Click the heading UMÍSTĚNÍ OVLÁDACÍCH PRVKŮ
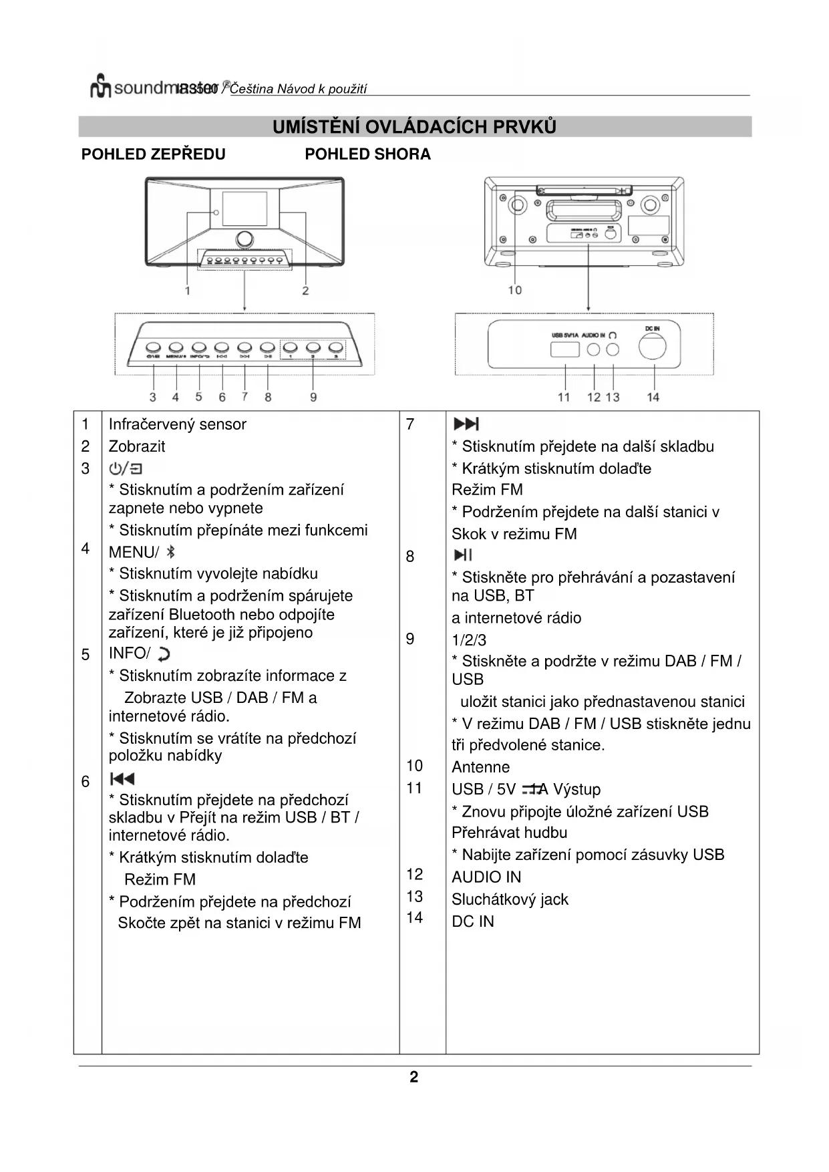pyautogui.click(x=414, y=126)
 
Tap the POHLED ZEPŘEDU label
pyautogui.click(x=153, y=154)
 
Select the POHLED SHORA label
pyautogui.click(x=367, y=154)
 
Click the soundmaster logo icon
pyautogui.click(x=100, y=86)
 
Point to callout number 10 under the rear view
pyautogui.click(x=514, y=290)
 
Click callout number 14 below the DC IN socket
pyautogui.click(x=653, y=397)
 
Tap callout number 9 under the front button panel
pyautogui.click(x=313, y=397)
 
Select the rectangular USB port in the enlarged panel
pyautogui.click(x=564, y=349)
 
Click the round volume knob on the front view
pyautogui.click(x=244, y=239)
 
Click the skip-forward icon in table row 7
pyautogui.click(x=466, y=424)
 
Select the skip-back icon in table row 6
pyautogui.click(x=122, y=778)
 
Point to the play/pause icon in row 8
pyautogui.click(x=462, y=555)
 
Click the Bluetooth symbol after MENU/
pyautogui.click(x=171, y=552)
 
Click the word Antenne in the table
pyautogui.click(x=480, y=767)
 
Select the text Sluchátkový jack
pyautogui.click(x=510, y=899)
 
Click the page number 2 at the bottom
pyautogui.click(x=414, y=1076)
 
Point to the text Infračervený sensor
pyautogui.click(x=177, y=424)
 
